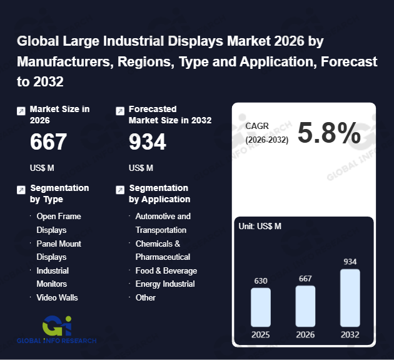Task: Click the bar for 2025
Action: click(261, 307)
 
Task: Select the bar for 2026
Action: click(305, 306)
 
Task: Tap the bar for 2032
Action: click(350, 297)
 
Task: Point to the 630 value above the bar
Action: click(261, 280)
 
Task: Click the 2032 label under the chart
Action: click(350, 334)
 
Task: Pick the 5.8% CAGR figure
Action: click(329, 133)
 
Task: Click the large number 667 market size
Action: click(48, 142)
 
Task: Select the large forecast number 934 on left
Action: click(147, 142)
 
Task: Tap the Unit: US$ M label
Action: click(260, 226)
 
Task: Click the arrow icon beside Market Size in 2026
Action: click(21, 111)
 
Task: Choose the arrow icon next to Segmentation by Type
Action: click(21, 189)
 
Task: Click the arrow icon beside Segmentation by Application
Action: click(120, 189)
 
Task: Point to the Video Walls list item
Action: click(57, 297)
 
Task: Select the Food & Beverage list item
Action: click(166, 270)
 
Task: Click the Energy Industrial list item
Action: click(165, 284)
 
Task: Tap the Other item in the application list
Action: click(146, 297)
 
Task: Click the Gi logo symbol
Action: click(57, 326)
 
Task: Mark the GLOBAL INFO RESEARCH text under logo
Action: click(57, 341)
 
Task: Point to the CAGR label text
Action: click(256, 126)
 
